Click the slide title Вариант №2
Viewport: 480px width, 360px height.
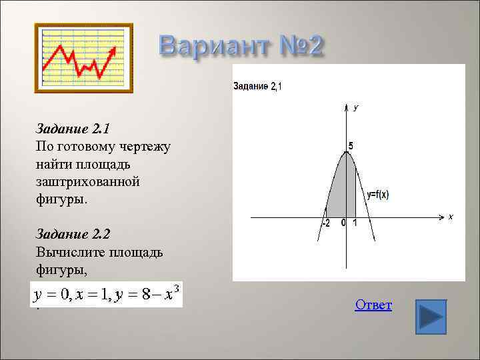pos(241,47)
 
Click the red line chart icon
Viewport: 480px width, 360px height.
pos(83,58)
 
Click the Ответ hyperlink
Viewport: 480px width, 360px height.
pos(373,305)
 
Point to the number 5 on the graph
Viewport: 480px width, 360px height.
pos(351,146)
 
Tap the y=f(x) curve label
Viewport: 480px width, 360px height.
pos(378,195)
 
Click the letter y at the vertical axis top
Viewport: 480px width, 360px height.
pos(356,107)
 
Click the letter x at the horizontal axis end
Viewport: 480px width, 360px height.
pos(450,217)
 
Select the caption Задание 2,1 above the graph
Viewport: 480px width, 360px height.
pos(257,86)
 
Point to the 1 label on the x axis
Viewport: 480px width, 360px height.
pos(355,223)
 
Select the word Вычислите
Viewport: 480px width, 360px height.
pos(69,253)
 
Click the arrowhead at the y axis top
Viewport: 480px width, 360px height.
pos(346,107)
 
